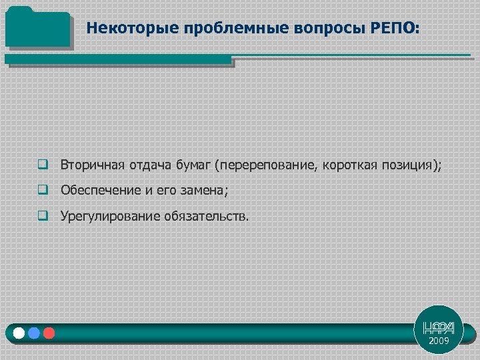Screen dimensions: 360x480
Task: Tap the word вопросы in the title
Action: tap(293, 29)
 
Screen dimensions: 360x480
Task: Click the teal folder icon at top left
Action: tap(37, 27)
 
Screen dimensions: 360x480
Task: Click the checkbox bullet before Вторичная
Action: tap(43, 165)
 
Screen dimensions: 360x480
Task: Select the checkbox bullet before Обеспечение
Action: tap(43, 191)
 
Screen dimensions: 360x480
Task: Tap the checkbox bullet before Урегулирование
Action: tap(43, 216)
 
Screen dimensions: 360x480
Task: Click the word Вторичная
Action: tap(89, 165)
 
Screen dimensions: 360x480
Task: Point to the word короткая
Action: tap(351, 165)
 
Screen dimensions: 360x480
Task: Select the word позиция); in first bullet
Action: tap(412, 165)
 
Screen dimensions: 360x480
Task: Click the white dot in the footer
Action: tap(20, 333)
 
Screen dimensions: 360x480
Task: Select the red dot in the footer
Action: tap(48, 333)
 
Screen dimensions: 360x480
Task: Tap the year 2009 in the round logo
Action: tap(439, 341)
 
